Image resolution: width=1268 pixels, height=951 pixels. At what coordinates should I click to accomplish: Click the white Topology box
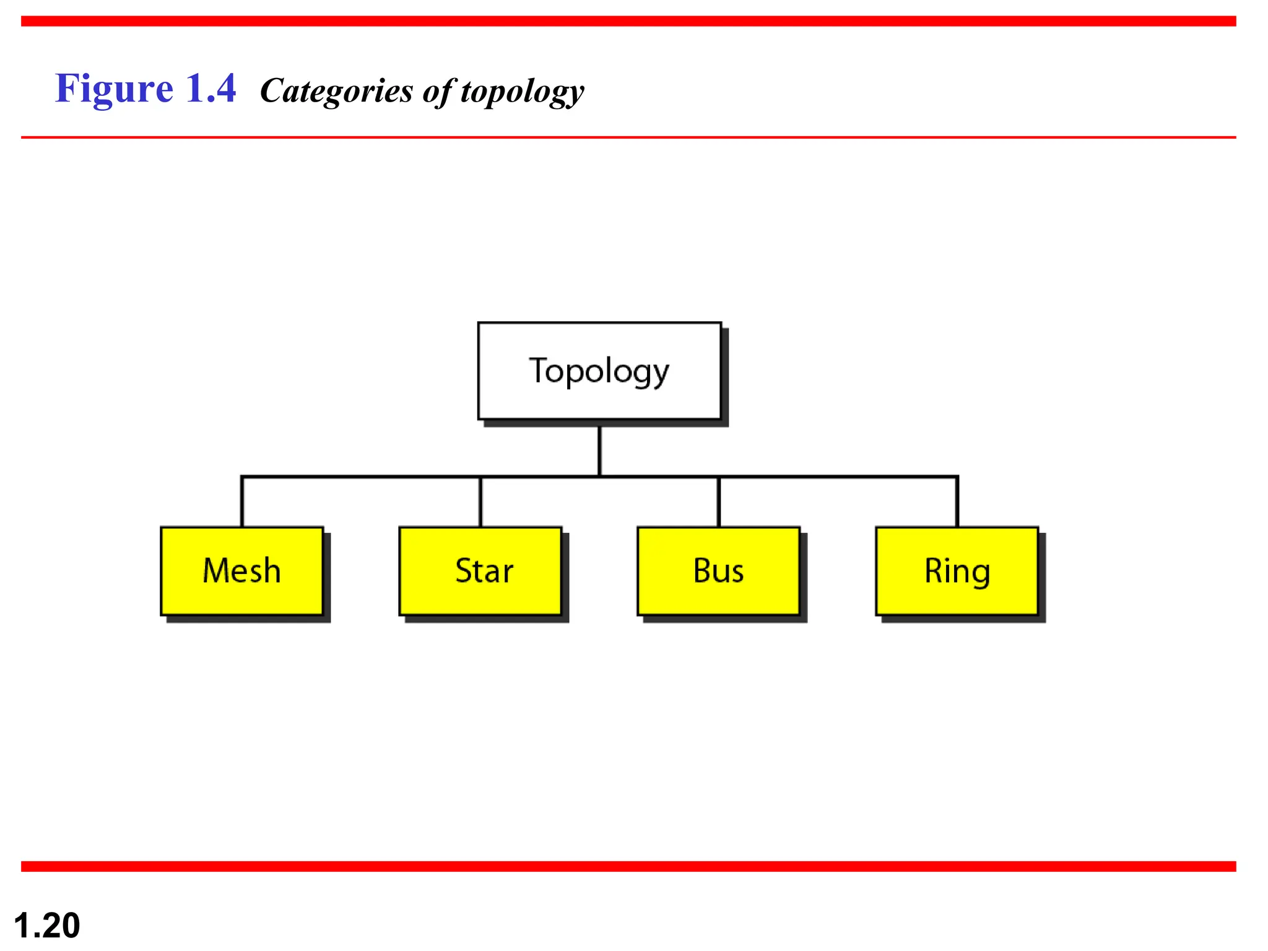pyautogui.click(x=599, y=370)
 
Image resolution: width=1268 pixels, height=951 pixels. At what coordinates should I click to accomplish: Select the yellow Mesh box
pyautogui.click(x=242, y=570)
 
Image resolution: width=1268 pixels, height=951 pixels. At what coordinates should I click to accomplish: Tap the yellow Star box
pyautogui.click(x=480, y=570)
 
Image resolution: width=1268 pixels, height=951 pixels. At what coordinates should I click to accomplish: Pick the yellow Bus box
pyautogui.click(x=718, y=570)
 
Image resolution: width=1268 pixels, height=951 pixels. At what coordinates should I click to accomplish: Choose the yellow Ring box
pyautogui.click(x=957, y=570)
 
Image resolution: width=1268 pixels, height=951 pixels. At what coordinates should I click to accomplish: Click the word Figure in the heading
pyautogui.click(x=114, y=89)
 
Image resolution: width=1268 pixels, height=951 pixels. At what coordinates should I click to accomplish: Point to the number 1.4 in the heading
pyautogui.click(x=211, y=89)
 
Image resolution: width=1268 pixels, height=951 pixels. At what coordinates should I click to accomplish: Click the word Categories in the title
pyautogui.click(x=336, y=92)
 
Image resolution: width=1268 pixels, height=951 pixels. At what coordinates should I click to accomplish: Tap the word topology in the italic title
pyautogui.click(x=522, y=92)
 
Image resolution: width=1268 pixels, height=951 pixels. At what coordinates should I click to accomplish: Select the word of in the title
pyautogui.click(x=438, y=92)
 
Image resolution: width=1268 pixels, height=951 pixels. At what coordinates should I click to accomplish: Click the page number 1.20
pyautogui.click(x=47, y=925)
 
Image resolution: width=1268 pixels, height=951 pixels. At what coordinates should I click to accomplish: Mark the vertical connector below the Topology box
pyautogui.click(x=599, y=451)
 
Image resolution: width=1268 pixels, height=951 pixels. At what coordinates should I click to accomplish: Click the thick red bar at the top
pyautogui.click(x=628, y=21)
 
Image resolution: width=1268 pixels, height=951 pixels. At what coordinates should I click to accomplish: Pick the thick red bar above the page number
pyautogui.click(x=628, y=866)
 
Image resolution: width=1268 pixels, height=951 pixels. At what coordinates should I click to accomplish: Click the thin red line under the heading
pyautogui.click(x=628, y=137)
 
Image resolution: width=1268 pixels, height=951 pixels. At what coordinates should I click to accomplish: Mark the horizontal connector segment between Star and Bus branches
pyautogui.click(x=659, y=477)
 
